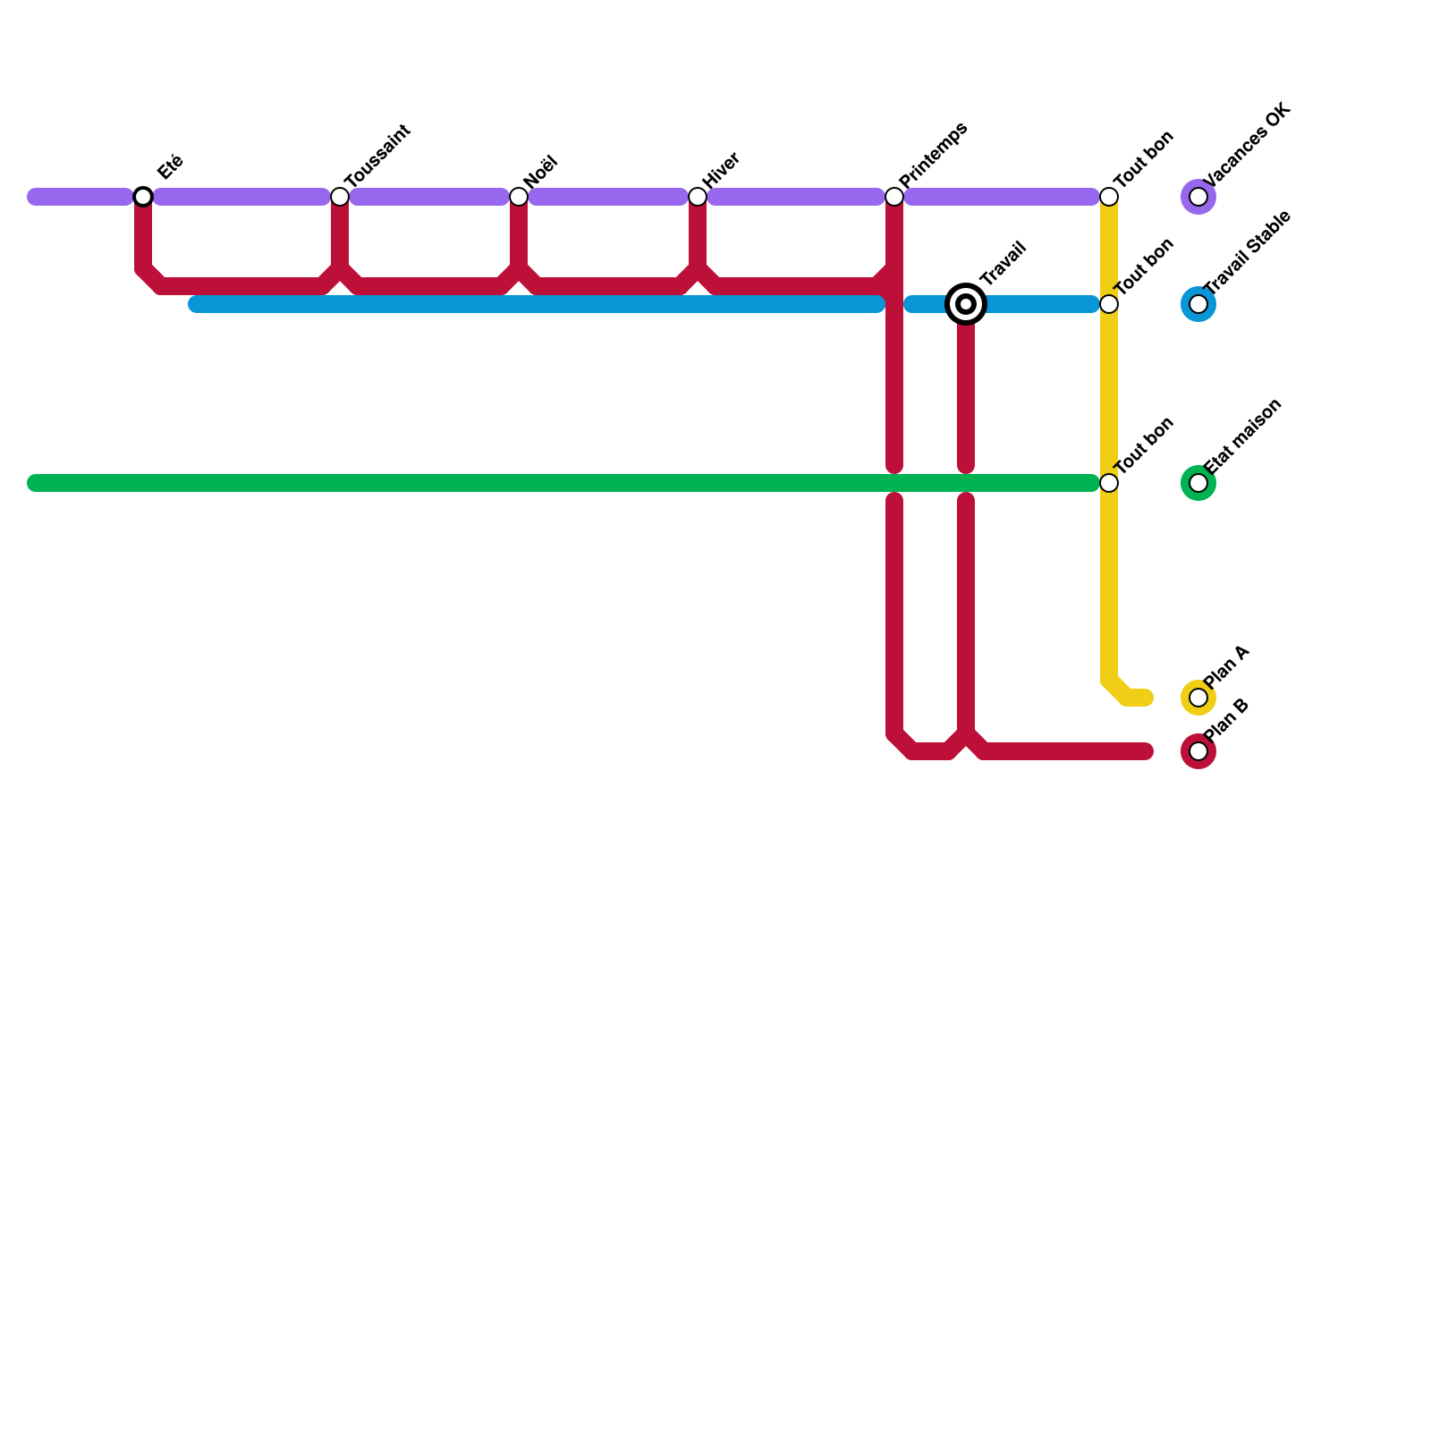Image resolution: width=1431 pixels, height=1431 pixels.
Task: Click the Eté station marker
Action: coord(143,197)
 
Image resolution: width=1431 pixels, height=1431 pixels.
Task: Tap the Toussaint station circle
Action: coord(340,197)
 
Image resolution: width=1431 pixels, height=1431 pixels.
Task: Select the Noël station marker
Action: coord(519,197)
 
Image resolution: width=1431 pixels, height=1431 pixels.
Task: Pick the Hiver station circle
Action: coord(698,197)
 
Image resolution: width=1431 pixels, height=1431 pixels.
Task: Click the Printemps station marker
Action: coord(894,197)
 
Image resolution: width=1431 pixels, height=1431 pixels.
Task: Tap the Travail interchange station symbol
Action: coord(966,304)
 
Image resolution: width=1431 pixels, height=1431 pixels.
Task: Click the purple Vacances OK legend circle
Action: coord(1198,197)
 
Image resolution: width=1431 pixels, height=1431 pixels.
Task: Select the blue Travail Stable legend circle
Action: coord(1198,304)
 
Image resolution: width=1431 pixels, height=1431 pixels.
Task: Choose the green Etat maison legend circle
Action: coord(1198,483)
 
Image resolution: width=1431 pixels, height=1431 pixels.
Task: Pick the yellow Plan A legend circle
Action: coord(1198,698)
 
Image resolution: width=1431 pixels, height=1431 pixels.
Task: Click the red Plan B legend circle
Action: coord(1198,751)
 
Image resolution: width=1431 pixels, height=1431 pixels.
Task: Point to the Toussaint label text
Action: coord(377,156)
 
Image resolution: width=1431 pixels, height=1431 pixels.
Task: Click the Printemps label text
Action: coord(934,155)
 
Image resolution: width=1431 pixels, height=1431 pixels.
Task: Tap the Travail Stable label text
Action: coord(1249,252)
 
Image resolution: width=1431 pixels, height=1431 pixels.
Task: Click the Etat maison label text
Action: coord(1244,436)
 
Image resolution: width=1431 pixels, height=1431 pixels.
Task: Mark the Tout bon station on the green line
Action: coord(1109,483)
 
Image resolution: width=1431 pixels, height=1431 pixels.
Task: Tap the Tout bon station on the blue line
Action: coord(1109,304)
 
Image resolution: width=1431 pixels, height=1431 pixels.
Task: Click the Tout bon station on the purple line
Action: coord(1109,197)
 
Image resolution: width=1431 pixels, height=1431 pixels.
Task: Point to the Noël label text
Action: coord(541,172)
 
